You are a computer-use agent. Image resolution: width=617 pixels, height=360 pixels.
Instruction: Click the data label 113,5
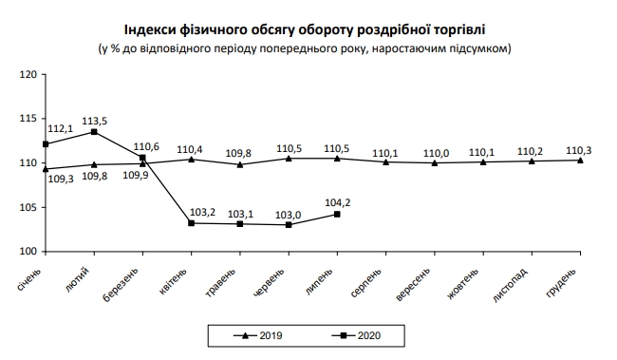pos(97,121)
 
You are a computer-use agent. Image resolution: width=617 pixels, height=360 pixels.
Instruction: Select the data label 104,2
pos(338,202)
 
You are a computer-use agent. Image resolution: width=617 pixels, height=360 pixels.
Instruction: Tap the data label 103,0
pos(289,215)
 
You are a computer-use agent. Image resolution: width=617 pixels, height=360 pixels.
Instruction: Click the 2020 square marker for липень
pos(338,214)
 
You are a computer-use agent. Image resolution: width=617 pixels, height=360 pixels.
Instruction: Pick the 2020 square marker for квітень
pos(191,223)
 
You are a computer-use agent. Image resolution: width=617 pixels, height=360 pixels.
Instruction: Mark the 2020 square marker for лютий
pos(94,131)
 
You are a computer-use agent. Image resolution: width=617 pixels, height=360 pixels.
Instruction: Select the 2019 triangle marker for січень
pos(46,169)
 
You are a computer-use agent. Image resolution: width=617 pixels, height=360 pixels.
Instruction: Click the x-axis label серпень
pos(368,282)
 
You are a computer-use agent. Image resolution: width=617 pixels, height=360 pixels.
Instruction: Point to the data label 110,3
pos(581,149)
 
